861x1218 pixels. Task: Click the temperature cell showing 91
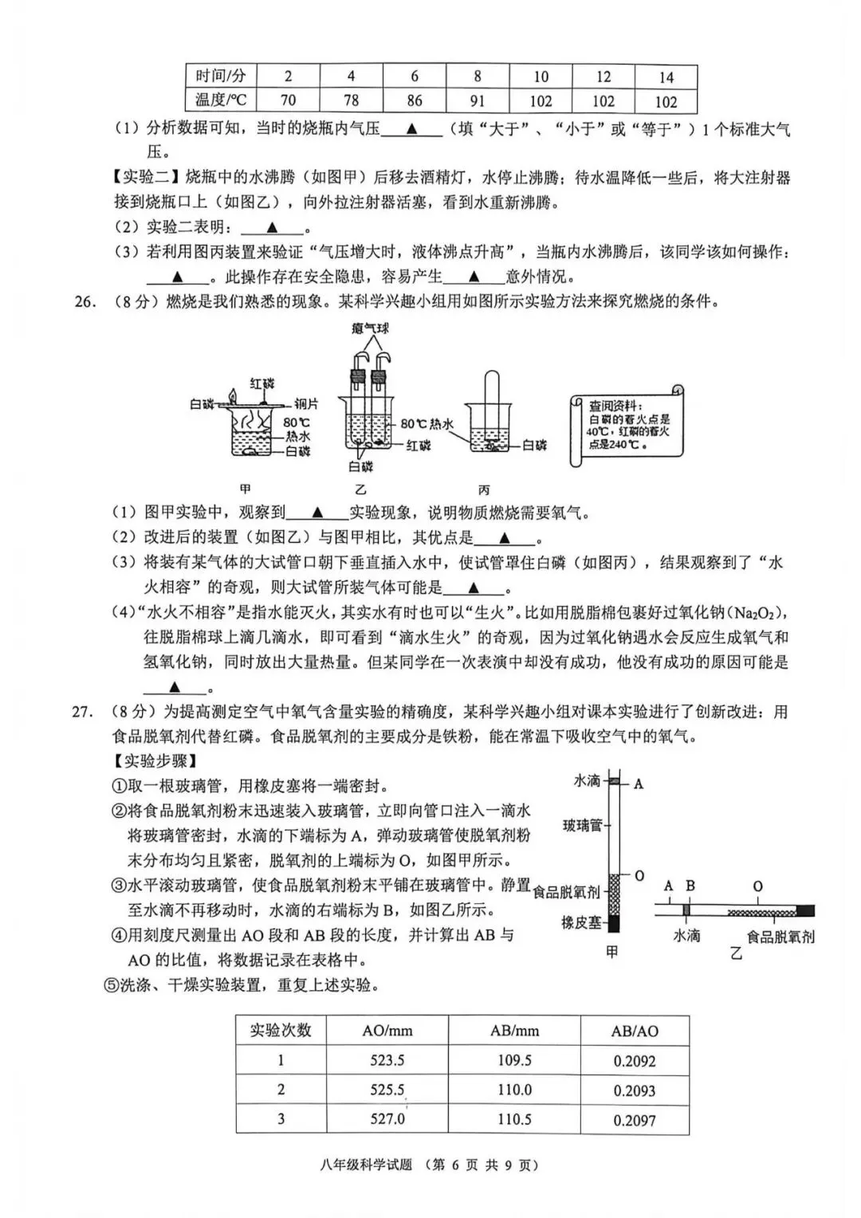click(477, 100)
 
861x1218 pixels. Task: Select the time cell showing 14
click(666, 77)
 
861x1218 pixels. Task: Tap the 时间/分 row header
click(221, 77)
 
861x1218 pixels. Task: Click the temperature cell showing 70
click(288, 100)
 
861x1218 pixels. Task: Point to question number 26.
click(85, 301)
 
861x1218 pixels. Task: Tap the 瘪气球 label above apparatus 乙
click(370, 328)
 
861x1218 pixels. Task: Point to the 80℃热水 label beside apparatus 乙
click(427, 425)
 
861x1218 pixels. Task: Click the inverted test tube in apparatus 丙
click(491, 407)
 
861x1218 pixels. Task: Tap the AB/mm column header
click(514, 1031)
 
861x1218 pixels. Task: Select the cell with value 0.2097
click(635, 1120)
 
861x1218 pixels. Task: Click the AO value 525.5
click(387, 1090)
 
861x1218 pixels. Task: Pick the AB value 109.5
click(514, 1060)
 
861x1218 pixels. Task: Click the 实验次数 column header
click(281, 1030)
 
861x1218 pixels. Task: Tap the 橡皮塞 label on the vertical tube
click(581, 922)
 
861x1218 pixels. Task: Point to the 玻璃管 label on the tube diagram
click(582, 825)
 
